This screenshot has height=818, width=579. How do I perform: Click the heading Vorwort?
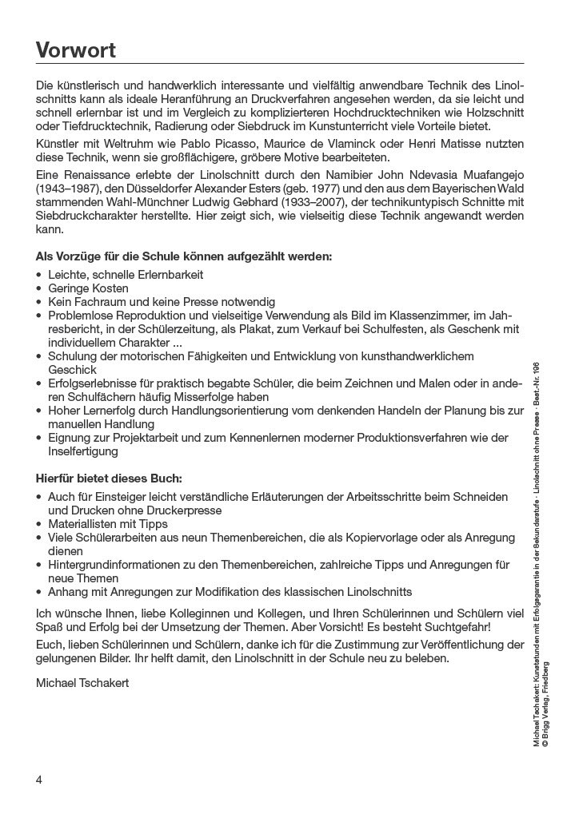click(x=76, y=50)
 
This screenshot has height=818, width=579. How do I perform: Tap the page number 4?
click(x=39, y=779)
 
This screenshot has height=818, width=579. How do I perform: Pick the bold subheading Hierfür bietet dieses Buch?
click(x=109, y=478)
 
